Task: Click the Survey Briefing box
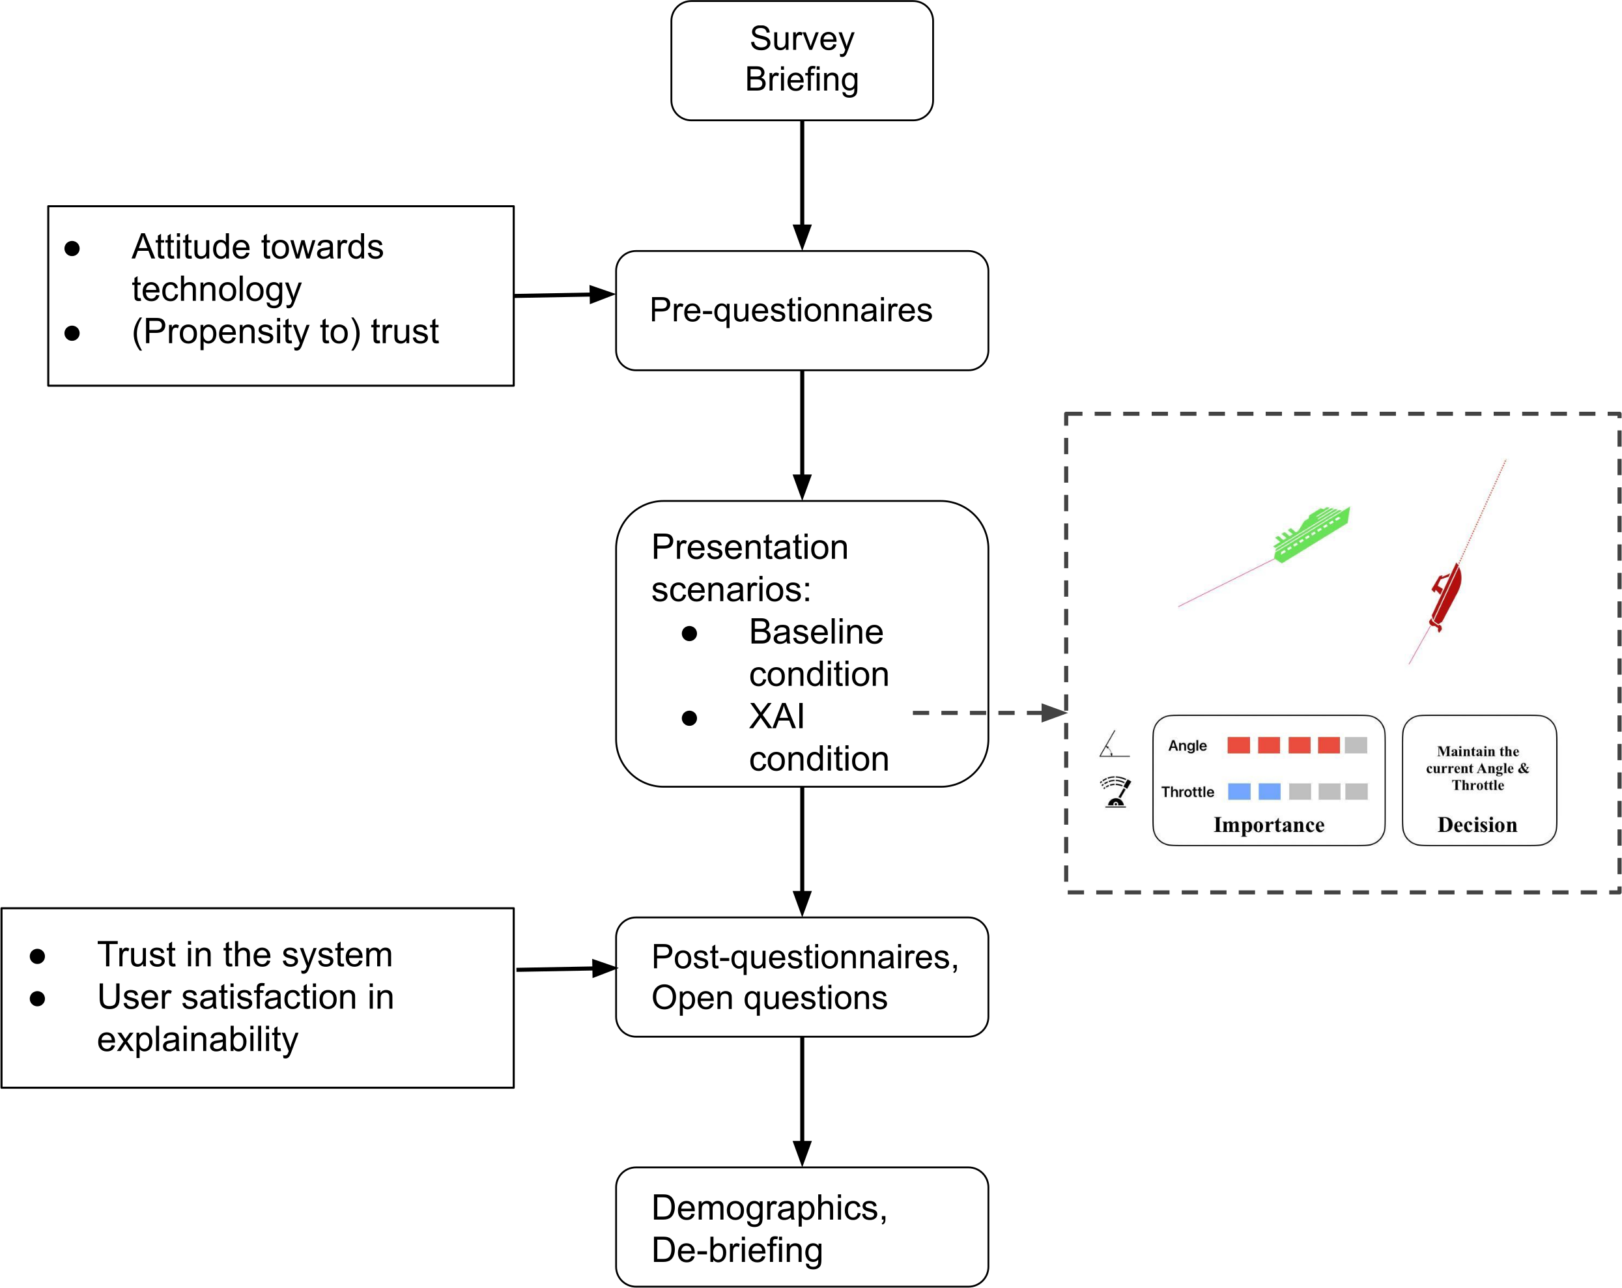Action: (801, 60)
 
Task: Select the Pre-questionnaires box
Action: (801, 310)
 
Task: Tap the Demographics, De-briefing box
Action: (801, 1227)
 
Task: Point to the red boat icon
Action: (1446, 596)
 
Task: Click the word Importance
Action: (1268, 825)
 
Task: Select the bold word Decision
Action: (1477, 825)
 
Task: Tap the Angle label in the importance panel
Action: (1187, 745)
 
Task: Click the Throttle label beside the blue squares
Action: (1187, 792)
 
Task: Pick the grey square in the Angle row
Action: (1356, 745)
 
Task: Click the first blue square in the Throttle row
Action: (1239, 792)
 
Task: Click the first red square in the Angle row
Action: (1238, 745)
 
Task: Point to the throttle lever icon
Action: (1116, 792)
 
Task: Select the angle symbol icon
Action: (1113, 744)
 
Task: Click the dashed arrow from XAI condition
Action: (986, 713)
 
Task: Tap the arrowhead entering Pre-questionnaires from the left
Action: (602, 294)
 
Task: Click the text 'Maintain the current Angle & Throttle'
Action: (1477, 768)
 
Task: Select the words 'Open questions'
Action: (769, 998)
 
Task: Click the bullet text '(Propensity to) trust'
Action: (285, 332)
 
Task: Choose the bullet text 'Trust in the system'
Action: (244, 954)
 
